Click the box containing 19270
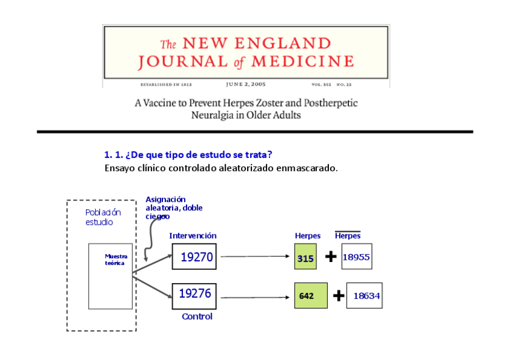[x=194, y=257]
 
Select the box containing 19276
[x=194, y=294]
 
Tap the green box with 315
[x=306, y=257]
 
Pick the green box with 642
[x=310, y=296]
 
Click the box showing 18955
[x=356, y=257]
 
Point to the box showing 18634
[x=364, y=296]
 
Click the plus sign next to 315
[x=331, y=257]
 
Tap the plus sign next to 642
[x=339, y=296]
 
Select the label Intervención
[x=192, y=236]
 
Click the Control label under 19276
[x=197, y=317]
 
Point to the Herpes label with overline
[x=348, y=236]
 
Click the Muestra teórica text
[x=115, y=260]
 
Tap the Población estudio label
[x=103, y=217]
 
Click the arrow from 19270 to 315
[x=253, y=257]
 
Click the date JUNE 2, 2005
[x=246, y=85]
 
